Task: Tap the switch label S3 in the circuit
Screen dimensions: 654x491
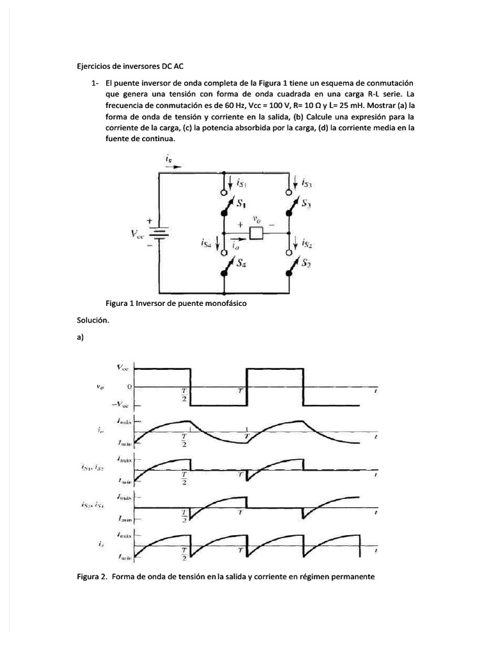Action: (308, 204)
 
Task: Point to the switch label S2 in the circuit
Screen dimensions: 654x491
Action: (307, 262)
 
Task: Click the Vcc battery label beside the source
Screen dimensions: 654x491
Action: (138, 234)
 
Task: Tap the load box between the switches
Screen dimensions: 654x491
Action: (256, 233)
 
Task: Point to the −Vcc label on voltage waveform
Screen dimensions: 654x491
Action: (120, 405)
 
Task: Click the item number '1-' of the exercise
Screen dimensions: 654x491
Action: (95, 83)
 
